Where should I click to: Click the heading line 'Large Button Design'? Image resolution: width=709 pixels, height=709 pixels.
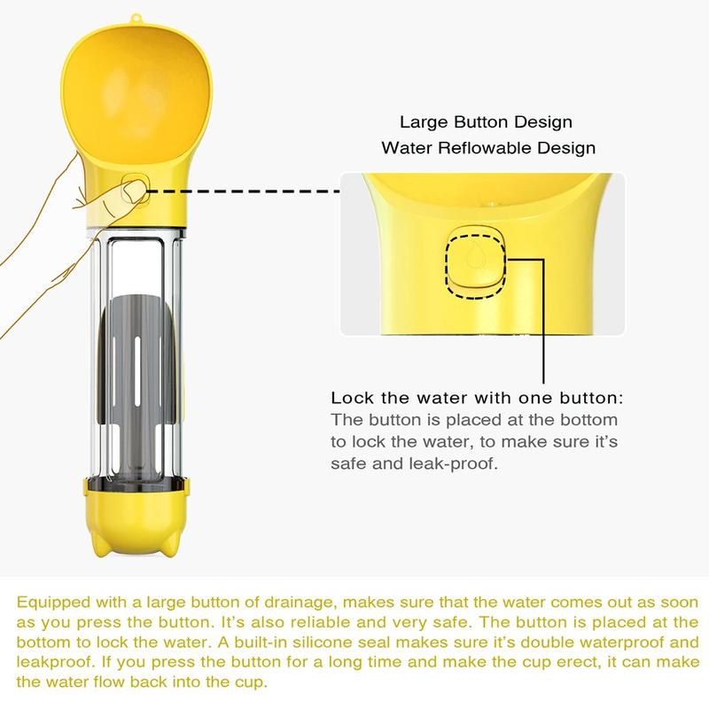click(486, 122)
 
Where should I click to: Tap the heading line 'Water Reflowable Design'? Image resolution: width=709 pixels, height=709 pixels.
click(488, 148)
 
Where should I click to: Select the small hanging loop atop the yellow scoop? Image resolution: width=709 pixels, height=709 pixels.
click(136, 19)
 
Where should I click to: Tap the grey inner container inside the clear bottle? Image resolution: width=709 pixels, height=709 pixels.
click(136, 385)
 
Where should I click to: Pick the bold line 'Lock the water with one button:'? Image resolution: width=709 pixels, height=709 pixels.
click(477, 398)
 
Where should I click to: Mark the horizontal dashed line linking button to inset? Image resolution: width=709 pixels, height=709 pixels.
click(243, 191)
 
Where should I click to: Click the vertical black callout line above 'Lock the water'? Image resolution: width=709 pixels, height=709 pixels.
click(543, 322)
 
